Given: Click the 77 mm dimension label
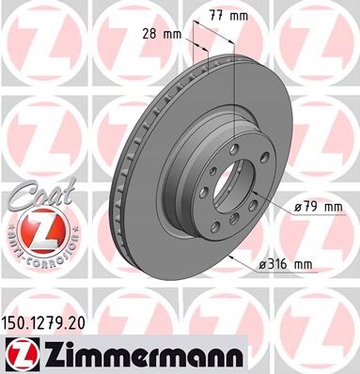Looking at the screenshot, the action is (228, 16).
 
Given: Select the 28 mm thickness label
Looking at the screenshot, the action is (162, 34).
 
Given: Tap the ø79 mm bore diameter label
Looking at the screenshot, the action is (318, 207).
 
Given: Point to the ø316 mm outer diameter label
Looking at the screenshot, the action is (285, 265).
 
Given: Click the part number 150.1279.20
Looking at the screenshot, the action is (43, 323).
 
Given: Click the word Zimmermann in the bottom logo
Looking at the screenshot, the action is (142, 356).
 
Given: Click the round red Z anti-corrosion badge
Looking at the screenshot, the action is (42, 232).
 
